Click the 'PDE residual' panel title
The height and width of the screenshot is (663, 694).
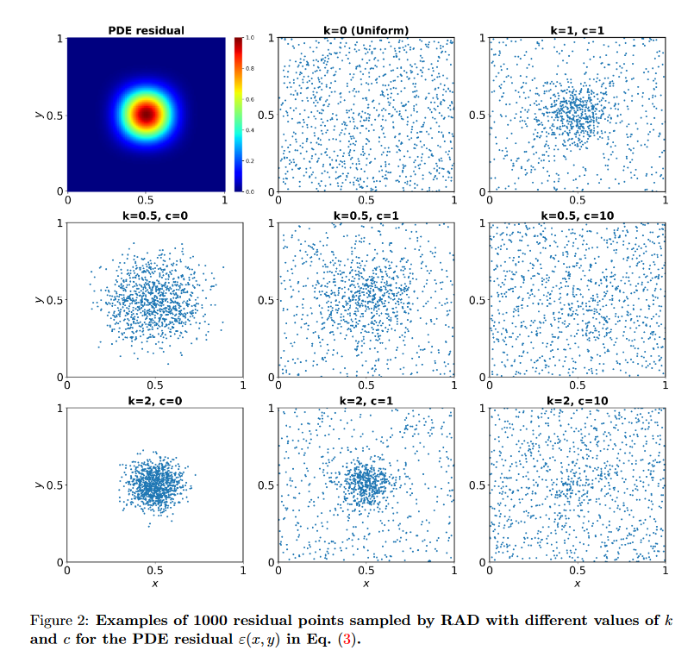pos(146,31)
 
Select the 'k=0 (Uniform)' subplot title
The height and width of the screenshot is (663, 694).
pos(366,31)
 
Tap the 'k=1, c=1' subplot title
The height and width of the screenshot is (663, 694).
pos(578,31)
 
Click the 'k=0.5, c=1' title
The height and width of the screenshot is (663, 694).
pos(366,216)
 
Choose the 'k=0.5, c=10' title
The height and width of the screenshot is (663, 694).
pos(578,216)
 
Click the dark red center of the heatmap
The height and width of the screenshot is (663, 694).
pos(147,113)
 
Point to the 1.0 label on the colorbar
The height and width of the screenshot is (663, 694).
pos(250,39)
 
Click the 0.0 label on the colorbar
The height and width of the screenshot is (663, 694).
pos(250,191)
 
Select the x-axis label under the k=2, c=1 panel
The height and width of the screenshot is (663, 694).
pos(366,584)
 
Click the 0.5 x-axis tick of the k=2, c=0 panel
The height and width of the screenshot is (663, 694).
pos(154,571)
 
